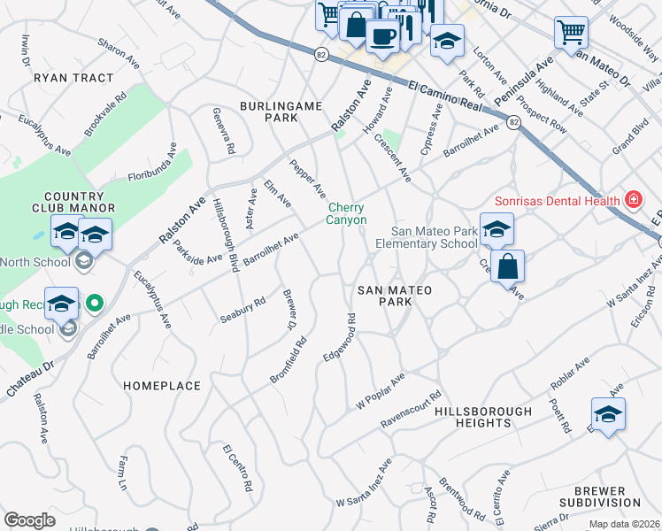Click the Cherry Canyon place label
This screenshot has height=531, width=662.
[x=347, y=213]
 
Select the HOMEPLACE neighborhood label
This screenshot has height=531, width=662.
[x=162, y=386]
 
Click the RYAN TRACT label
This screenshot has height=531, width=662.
[x=73, y=78]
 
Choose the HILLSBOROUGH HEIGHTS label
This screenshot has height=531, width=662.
[x=483, y=418]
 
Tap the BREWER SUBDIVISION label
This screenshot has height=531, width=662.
[x=612, y=497]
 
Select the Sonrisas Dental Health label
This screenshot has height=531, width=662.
[x=557, y=201]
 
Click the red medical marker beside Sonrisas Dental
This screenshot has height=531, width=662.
[x=633, y=201]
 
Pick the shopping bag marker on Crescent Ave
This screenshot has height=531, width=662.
[x=507, y=266]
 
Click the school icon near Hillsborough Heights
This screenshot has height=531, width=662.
[x=608, y=414]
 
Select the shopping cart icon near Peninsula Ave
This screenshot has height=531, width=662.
[x=571, y=33]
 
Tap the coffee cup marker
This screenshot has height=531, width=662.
[x=381, y=36]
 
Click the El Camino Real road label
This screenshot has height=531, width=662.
[x=445, y=95]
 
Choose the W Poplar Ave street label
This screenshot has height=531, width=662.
[x=381, y=390]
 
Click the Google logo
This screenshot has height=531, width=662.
[x=29, y=520]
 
